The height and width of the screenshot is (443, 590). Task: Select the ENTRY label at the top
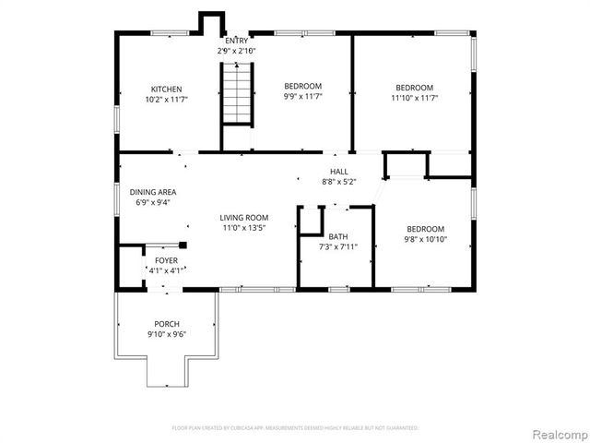236,41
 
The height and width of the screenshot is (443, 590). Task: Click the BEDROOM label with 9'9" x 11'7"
302,86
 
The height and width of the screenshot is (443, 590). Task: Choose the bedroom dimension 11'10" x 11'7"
413,97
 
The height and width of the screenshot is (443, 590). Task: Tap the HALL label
339,173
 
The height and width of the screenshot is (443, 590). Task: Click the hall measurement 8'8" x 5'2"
339,183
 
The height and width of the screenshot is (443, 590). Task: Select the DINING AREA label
152,192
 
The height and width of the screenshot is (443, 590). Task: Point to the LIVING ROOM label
244,218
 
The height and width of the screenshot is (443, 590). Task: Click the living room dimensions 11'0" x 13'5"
244,228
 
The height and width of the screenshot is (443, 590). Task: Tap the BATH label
337,237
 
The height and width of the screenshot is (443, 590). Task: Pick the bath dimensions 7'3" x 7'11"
337,247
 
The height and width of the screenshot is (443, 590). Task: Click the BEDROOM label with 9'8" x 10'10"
425,229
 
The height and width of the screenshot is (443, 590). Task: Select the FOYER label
166,261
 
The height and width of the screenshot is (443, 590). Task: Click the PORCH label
166,324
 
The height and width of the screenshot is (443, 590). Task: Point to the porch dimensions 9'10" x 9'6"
166,334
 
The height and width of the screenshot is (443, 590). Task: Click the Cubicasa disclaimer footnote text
295,428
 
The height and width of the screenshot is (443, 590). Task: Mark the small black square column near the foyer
183,245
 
